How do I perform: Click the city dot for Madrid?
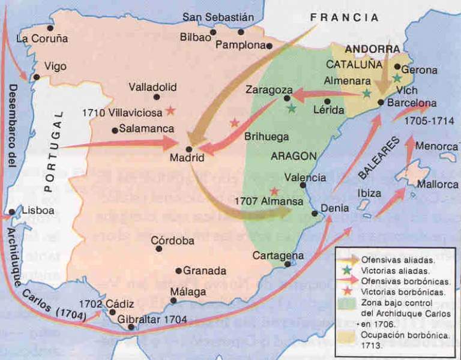[189, 149]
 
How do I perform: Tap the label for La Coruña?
[42, 39]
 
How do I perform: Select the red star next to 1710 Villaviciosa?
[171, 110]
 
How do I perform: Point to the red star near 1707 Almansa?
[274, 191]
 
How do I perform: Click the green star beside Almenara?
[366, 94]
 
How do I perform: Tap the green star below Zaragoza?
[291, 109]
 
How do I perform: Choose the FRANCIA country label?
[345, 18]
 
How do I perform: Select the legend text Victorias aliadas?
[390, 270]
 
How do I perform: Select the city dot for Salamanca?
[115, 130]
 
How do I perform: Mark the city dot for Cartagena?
[288, 264]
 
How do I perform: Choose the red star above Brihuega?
[234, 122]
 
